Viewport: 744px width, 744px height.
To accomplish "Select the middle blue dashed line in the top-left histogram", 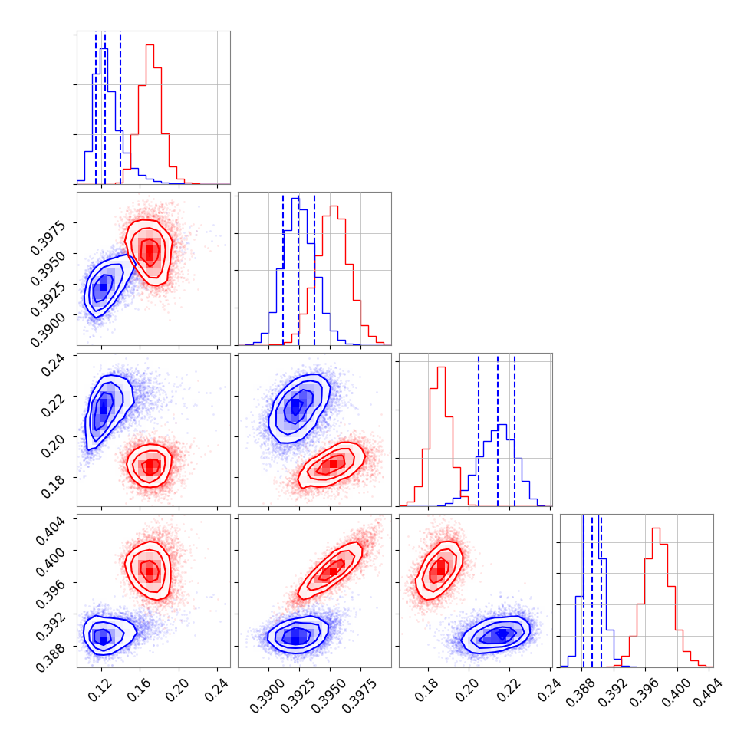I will [104, 107].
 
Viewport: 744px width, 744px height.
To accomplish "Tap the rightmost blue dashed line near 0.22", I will [515, 430].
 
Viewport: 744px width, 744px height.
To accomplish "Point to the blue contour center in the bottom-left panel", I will [103, 635].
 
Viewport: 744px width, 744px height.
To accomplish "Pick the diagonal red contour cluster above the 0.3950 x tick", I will [333, 570].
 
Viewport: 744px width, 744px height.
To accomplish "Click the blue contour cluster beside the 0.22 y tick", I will [103, 407].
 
